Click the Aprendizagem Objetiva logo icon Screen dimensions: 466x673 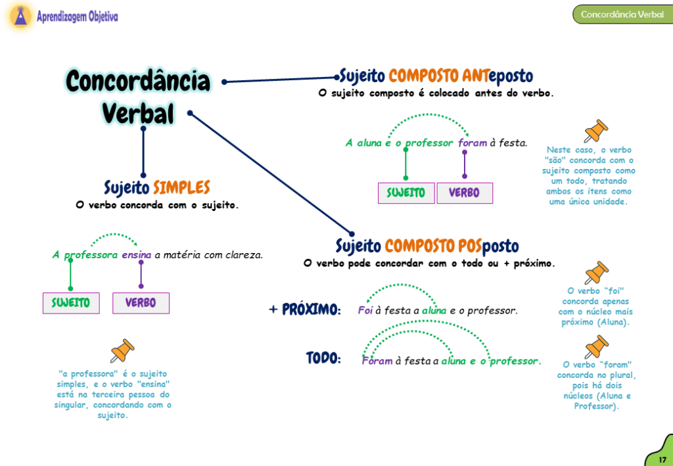[20, 16]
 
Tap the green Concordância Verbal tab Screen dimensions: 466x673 [622, 14]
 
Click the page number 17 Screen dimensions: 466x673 [662, 458]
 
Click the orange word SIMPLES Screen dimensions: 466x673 [181, 188]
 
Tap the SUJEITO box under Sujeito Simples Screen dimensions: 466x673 [71, 303]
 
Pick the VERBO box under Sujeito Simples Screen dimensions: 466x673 [141, 303]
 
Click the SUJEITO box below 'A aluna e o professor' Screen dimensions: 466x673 [406, 193]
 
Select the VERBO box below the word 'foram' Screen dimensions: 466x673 [464, 193]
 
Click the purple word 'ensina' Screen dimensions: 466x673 [137, 255]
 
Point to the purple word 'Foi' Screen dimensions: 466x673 [365, 310]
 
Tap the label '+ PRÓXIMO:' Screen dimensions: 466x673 [305, 310]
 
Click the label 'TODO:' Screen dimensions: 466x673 [323, 359]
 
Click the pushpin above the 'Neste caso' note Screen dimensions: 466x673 [596, 131]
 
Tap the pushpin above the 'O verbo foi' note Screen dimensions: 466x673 [596, 273]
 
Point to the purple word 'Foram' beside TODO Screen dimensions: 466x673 [377, 361]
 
